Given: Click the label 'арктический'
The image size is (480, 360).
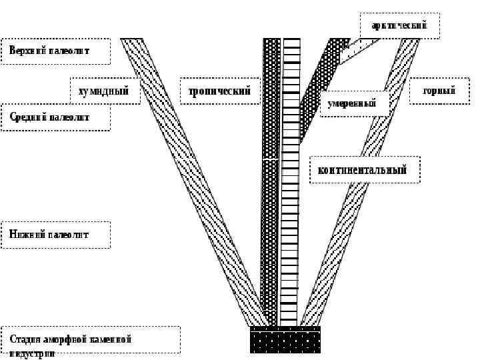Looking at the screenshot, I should point(399,26).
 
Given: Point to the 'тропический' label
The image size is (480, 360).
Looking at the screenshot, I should point(219,91).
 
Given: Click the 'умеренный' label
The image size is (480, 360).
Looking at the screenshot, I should point(352,104).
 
